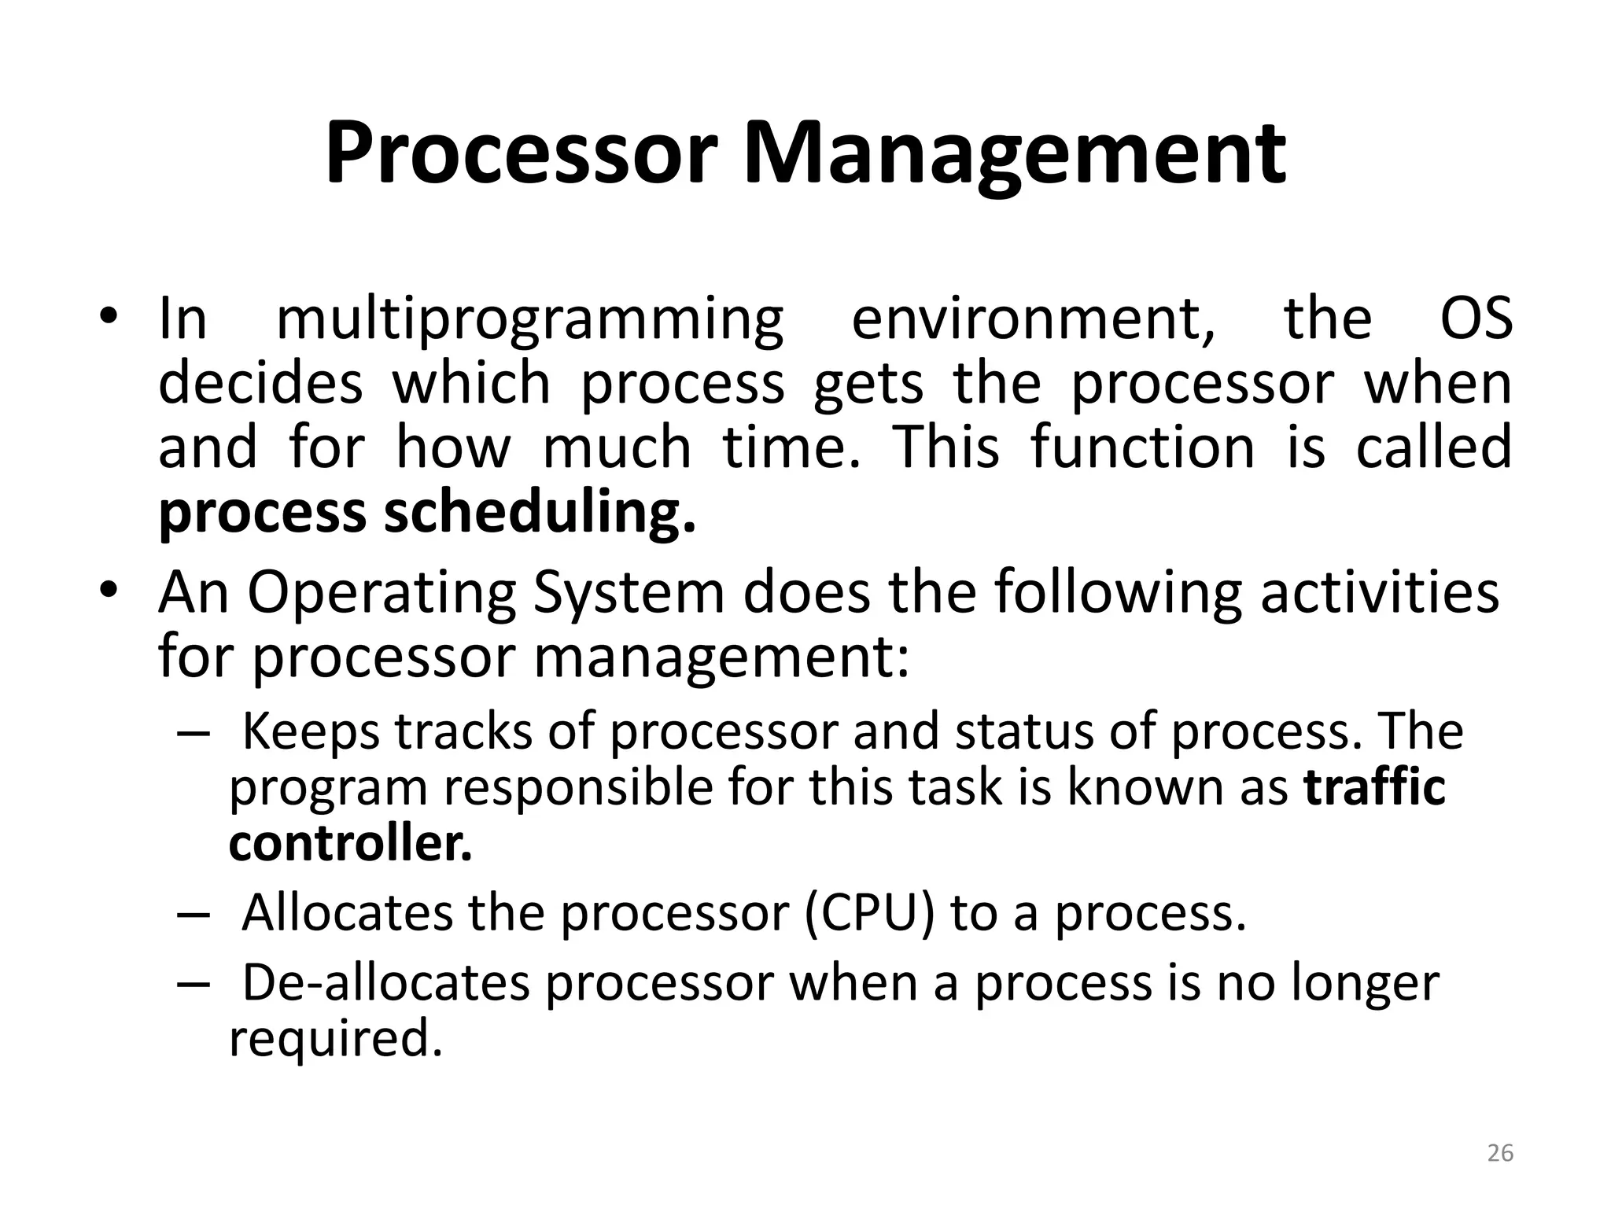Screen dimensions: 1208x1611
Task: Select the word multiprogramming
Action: (x=530, y=321)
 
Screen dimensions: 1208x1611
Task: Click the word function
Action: (x=1142, y=447)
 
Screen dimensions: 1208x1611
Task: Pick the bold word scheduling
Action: (x=540, y=513)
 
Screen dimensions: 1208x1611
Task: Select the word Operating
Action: (x=382, y=594)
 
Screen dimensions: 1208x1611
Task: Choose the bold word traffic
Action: (x=1374, y=787)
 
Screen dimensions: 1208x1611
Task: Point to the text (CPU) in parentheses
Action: (x=870, y=913)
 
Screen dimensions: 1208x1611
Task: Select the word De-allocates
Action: (x=385, y=983)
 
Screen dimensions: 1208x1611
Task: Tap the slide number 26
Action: (x=1500, y=1153)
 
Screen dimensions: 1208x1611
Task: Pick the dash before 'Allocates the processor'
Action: (x=194, y=915)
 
